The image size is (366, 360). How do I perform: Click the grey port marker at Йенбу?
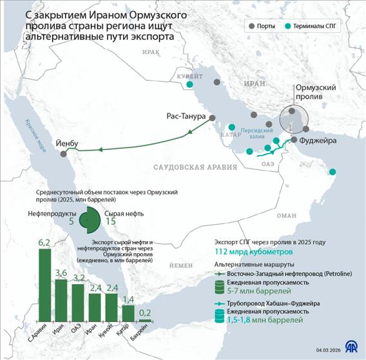coord(63,154)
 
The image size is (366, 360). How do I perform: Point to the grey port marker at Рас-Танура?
coord(211,117)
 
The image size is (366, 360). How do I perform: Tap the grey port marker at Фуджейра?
coord(294,140)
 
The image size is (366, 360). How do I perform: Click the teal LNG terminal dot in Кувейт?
coord(189,84)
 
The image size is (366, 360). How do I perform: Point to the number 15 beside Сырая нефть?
coord(110,221)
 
